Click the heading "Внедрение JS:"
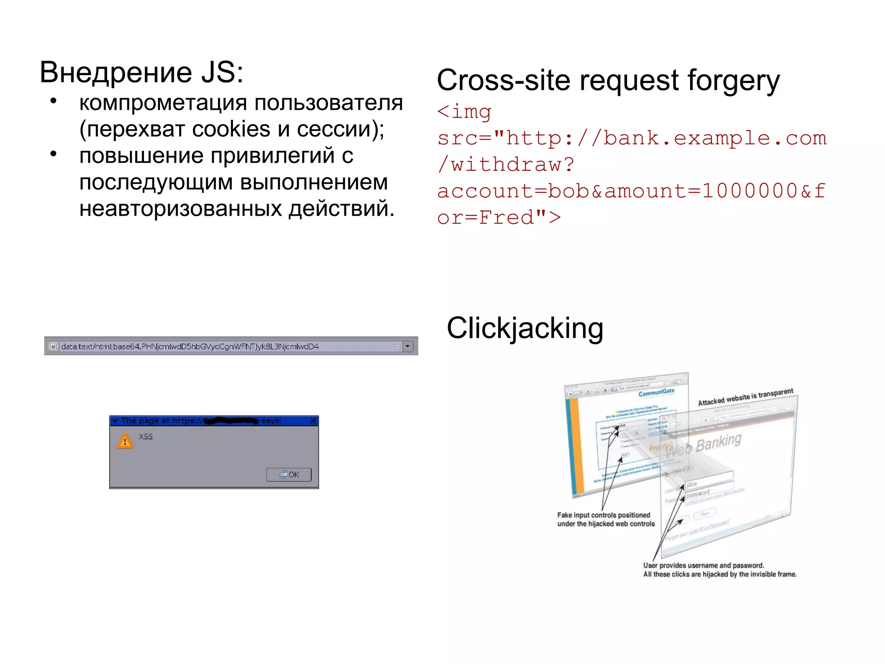coord(141,72)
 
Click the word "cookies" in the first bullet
coord(231,129)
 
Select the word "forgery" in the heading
coord(733,81)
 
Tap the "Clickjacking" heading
coord(525,328)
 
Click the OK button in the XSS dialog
coord(289,474)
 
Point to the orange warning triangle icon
coord(125,441)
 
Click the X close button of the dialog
coord(313,421)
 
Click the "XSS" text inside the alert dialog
coord(146,437)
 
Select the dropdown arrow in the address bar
coord(407,346)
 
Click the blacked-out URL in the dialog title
coord(231,421)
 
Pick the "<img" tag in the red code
coord(464,112)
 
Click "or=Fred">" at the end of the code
coord(499,217)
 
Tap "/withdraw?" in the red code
coord(506,165)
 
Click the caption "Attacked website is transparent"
coord(745,397)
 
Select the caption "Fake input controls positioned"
coord(603,515)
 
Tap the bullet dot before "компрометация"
coord(54,102)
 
